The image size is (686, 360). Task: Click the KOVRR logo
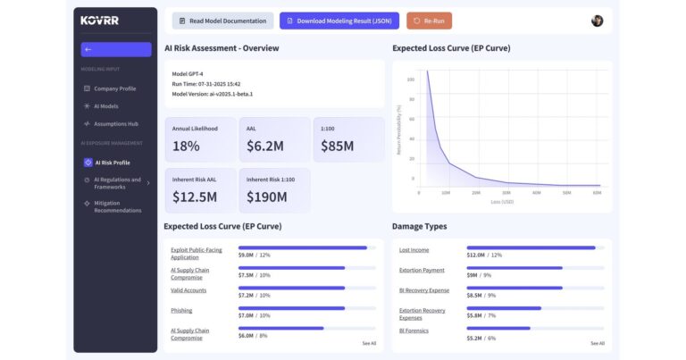pyautogui.click(x=98, y=20)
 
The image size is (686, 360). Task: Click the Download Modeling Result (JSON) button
pyautogui.click(x=339, y=21)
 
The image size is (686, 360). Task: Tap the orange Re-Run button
pyautogui.click(x=429, y=21)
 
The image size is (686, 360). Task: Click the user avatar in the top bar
pyautogui.click(x=597, y=21)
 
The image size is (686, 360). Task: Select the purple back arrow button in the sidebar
pyautogui.click(x=115, y=49)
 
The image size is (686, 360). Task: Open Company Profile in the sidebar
pyautogui.click(x=114, y=88)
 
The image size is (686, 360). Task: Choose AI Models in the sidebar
pyautogui.click(x=105, y=105)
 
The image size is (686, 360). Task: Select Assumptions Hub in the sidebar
pyautogui.click(x=115, y=123)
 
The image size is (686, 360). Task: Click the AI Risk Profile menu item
pyautogui.click(x=112, y=163)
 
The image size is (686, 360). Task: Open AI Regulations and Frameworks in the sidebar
pyautogui.click(x=116, y=183)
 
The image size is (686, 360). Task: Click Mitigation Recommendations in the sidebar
pyautogui.click(x=117, y=206)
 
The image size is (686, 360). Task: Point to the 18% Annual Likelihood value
pyautogui.click(x=186, y=146)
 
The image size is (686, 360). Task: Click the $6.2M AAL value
pyautogui.click(x=265, y=146)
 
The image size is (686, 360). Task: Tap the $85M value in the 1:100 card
pyautogui.click(x=338, y=146)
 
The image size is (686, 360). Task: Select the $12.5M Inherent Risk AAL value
pyautogui.click(x=194, y=197)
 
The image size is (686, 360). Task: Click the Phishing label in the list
pyautogui.click(x=181, y=310)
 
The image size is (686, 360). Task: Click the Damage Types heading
pyautogui.click(x=419, y=226)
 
